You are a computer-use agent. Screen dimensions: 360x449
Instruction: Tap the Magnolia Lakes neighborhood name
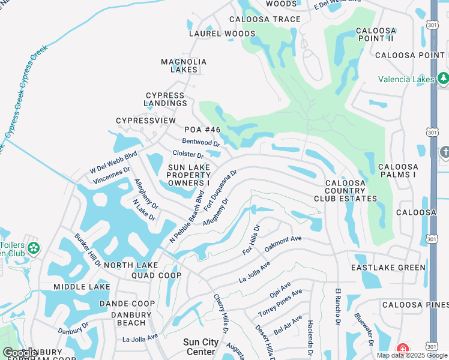[x=184, y=65]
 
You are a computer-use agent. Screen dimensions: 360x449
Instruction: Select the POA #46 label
[x=202, y=130]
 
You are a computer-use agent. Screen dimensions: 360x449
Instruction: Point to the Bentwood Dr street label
[x=201, y=143]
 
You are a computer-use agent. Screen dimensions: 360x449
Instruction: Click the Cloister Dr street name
[x=188, y=155]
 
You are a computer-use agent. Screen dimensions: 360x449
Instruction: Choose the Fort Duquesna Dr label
[x=220, y=189]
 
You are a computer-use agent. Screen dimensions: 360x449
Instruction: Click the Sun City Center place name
[x=200, y=347]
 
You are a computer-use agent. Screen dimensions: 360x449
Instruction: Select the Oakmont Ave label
[x=283, y=242]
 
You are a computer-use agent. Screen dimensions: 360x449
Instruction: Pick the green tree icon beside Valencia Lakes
[x=443, y=78]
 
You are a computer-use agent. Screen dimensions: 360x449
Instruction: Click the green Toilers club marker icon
[x=33, y=248]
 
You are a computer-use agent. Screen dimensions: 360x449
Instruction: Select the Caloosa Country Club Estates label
[x=345, y=190]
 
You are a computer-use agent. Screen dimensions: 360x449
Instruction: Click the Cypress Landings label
[x=166, y=99]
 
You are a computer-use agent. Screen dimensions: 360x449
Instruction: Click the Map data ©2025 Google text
[x=411, y=355]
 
